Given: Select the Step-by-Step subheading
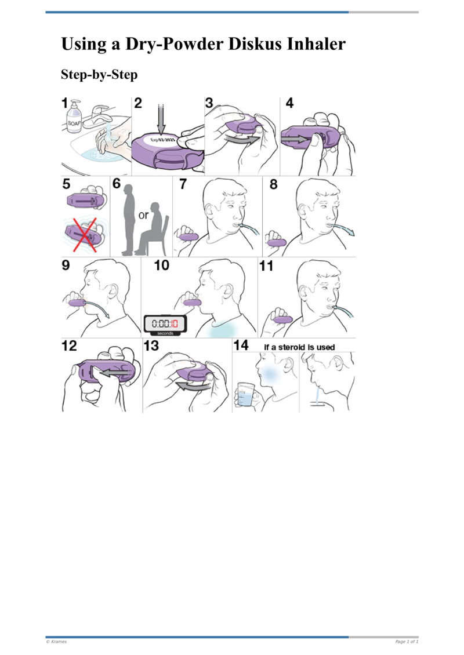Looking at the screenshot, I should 99,76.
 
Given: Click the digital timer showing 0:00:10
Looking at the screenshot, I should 165,324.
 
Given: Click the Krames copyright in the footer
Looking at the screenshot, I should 56,642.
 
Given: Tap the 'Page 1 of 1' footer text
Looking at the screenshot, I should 406,642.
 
